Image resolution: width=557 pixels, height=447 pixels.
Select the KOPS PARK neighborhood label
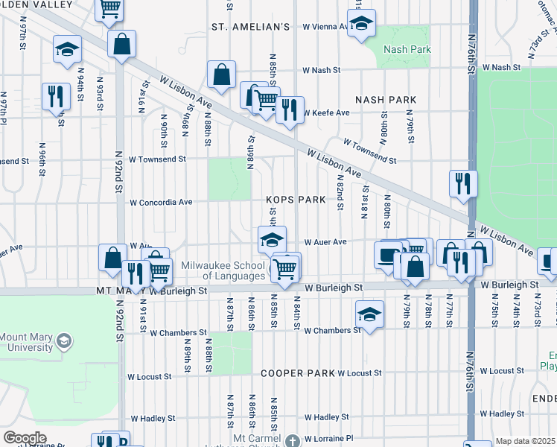pos(296,200)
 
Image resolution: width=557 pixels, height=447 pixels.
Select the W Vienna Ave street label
pos(325,26)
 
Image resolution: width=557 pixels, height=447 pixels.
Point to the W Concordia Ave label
pos(161,202)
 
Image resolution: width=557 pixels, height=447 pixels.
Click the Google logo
pos(25,438)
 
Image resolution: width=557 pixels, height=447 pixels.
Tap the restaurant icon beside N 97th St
pos(56,97)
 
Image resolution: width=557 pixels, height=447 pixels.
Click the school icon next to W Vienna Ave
pos(361,24)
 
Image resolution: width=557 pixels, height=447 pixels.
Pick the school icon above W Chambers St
pos(369,313)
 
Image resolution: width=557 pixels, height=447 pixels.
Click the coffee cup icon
pos(388,255)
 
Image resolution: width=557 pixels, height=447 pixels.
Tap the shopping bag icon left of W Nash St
pos(221,74)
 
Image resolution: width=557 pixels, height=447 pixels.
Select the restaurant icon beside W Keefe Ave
pos(290,109)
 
